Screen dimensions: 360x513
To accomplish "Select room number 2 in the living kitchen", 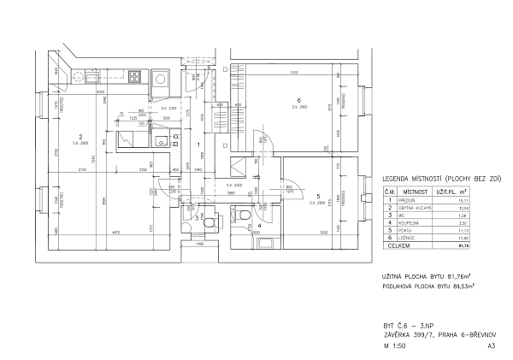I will tap(80, 137).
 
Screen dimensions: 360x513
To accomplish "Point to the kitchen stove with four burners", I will tap(135, 77).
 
